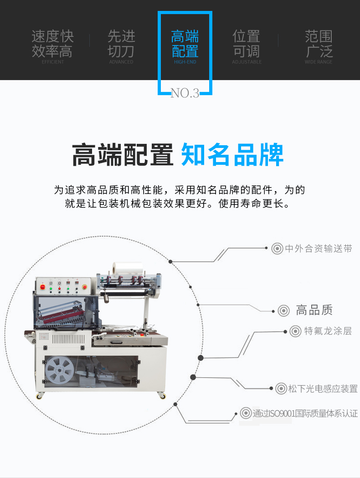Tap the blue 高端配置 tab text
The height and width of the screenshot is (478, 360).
[x=185, y=44]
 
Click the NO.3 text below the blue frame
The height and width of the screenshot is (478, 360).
[x=185, y=93]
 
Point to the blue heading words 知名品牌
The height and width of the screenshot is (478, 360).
[x=232, y=155]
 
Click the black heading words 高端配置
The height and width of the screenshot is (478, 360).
[x=123, y=155]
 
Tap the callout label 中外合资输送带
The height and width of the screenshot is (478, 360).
[x=319, y=249]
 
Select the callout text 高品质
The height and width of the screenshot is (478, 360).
[x=314, y=310]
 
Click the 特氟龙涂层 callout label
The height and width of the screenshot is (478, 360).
[x=328, y=331]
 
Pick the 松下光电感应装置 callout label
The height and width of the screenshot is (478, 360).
[x=323, y=388]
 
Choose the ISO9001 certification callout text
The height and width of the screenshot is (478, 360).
[x=305, y=413]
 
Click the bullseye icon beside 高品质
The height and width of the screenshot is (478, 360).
[x=284, y=310]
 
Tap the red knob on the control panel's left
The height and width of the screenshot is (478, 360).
[x=42, y=287]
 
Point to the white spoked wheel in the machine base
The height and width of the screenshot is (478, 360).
[x=60, y=370]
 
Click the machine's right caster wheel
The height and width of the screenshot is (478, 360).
[x=163, y=396]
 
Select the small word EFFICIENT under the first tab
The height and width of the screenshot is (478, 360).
[x=53, y=62]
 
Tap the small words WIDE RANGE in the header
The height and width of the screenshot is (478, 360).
[x=319, y=62]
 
